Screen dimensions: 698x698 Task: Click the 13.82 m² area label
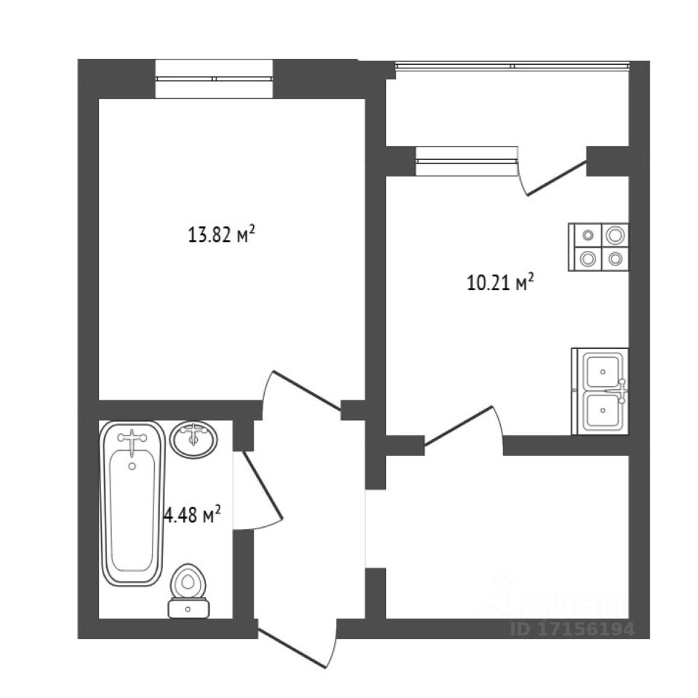(x=221, y=235)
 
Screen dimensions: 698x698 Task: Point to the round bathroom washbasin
(x=193, y=439)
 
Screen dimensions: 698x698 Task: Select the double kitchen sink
(x=601, y=392)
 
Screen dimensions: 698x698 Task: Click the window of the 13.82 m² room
(x=214, y=79)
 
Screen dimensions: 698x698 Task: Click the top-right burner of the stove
(x=615, y=235)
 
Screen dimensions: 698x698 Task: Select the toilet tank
(x=188, y=608)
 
